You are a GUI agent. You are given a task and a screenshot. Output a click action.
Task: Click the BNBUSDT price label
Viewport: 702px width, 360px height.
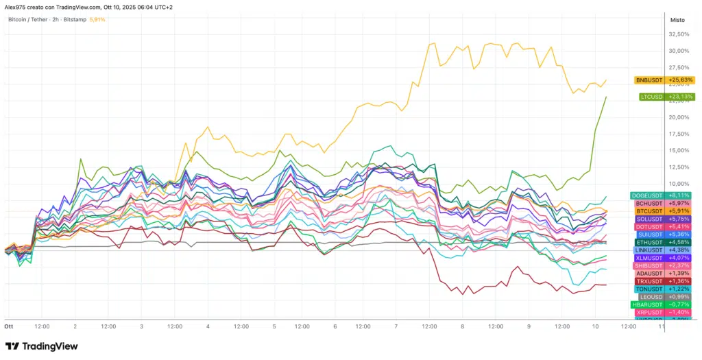click(x=664, y=80)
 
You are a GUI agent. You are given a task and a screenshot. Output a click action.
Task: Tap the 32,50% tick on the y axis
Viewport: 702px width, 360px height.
click(x=678, y=34)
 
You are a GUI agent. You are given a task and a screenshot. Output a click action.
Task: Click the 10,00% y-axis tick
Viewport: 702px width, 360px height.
click(x=678, y=184)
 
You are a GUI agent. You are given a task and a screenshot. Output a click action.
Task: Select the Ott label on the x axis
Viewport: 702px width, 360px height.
click(x=9, y=326)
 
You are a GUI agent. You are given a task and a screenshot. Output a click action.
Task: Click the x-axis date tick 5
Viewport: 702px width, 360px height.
click(x=274, y=326)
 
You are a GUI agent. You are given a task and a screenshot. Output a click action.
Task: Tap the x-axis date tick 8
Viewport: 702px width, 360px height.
click(x=463, y=326)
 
